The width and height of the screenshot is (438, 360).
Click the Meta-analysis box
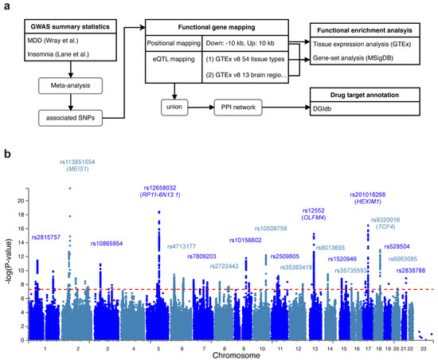tap(63, 86)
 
